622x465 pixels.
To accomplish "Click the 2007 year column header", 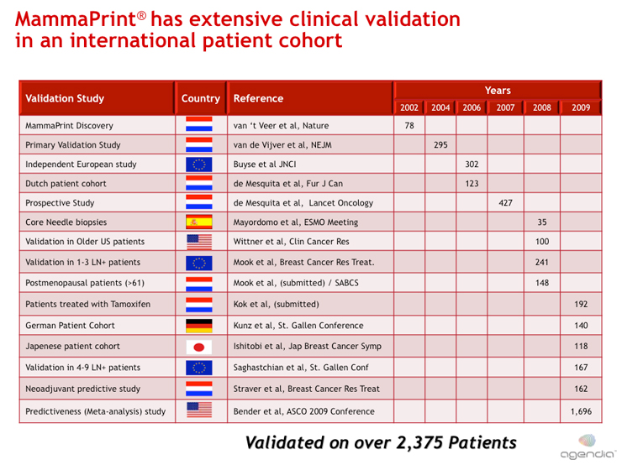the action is tap(505, 107).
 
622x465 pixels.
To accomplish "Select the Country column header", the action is tap(201, 98).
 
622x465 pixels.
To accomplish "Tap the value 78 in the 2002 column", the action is tap(409, 126).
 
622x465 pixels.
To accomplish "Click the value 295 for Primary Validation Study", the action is tap(440, 145).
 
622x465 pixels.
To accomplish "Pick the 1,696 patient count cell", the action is tap(581, 411).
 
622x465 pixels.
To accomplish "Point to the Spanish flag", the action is tap(199, 222).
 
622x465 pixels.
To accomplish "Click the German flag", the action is tap(199, 326).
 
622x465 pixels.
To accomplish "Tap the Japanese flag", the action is tap(199, 347).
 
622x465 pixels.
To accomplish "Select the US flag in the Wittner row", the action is tap(199, 242).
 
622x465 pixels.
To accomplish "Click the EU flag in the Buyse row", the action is tap(199, 165).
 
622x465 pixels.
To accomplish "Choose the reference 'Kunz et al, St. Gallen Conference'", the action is tap(298, 326).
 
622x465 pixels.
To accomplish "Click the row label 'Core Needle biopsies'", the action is tap(66, 222).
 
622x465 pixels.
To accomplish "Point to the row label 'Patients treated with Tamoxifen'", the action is tap(88, 304).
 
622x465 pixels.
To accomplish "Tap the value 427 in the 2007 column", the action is tap(506, 203).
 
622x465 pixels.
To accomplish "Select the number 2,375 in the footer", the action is tap(419, 443).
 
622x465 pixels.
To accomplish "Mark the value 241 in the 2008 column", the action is tap(542, 262).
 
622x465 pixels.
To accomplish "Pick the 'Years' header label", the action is tap(498, 91).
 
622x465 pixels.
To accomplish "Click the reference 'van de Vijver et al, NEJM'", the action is tap(282, 145).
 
